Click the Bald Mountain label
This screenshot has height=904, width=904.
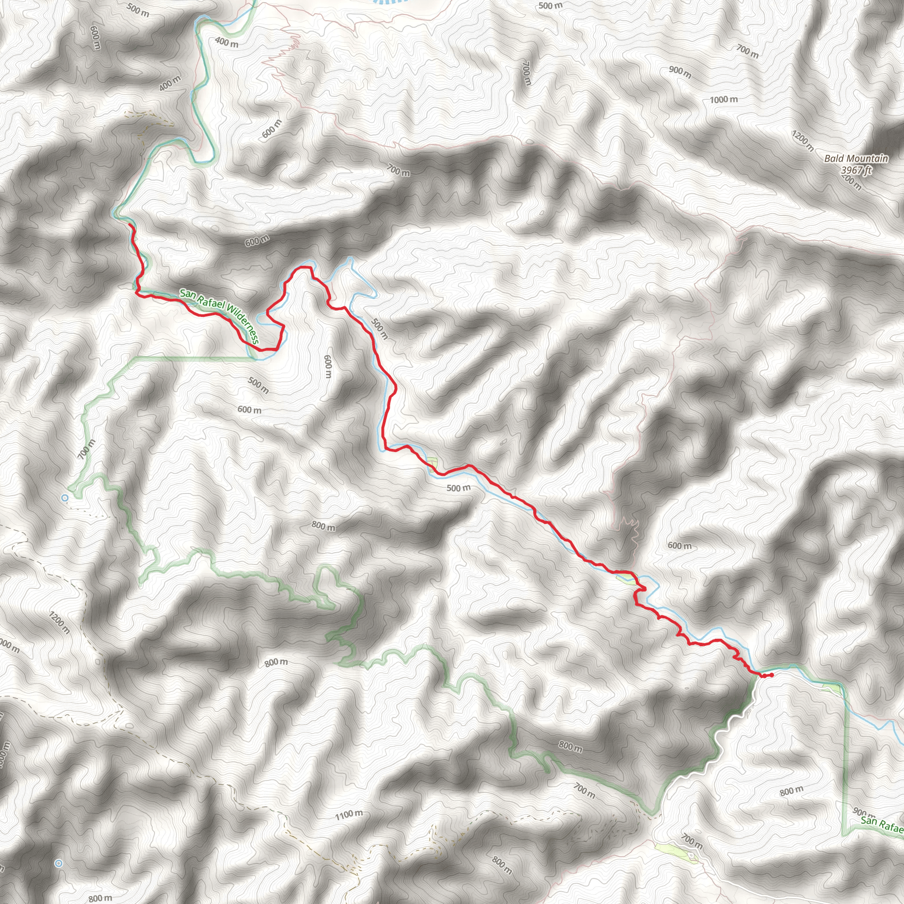tap(856, 158)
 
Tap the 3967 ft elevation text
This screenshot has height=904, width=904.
tap(856, 170)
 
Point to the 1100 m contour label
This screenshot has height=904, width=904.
tap(349, 815)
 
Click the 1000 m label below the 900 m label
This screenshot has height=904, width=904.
tap(723, 100)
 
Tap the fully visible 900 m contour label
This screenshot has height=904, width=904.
tap(679, 72)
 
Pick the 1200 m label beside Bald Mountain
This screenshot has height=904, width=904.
tap(802, 141)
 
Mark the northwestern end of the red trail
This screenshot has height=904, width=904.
tap(130, 226)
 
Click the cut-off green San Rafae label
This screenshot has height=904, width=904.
tap(882, 825)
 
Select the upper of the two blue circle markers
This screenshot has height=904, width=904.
tap(65, 498)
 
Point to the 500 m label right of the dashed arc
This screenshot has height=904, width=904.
tap(550, 6)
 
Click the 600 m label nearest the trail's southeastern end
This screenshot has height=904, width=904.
tap(679, 546)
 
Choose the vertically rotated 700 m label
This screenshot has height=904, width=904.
tap(527, 73)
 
